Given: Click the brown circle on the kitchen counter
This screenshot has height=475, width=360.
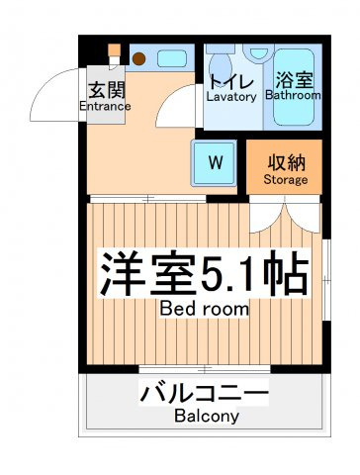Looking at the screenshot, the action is (139, 58).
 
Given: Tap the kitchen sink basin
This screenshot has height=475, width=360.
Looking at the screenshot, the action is (172, 58).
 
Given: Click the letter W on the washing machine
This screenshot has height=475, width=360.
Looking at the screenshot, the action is (216, 162).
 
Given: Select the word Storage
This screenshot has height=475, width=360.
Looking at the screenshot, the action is (286, 180).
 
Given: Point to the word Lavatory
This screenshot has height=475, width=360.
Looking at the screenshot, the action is (231, 97).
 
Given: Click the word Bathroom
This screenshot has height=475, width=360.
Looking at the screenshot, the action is (293, 95).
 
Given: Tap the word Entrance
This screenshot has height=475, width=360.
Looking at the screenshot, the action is (105, 106).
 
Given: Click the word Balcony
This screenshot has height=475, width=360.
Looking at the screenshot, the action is (207, 416).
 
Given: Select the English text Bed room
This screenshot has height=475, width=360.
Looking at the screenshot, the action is (205, 309).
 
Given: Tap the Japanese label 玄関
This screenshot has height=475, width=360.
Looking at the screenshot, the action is (108, 90).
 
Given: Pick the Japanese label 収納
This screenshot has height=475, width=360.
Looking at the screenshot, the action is (286, 163).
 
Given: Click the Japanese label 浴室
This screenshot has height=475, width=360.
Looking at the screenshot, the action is (294, 79).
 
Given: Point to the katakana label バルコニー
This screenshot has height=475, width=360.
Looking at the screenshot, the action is (205, 393).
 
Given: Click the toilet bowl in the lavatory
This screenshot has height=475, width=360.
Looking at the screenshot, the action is (221, 65).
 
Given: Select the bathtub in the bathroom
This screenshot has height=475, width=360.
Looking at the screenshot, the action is (294, 87).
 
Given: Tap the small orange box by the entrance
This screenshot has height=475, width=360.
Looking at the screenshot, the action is (115, 50).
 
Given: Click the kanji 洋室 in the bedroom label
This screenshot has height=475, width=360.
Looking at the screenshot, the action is (146, 274).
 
